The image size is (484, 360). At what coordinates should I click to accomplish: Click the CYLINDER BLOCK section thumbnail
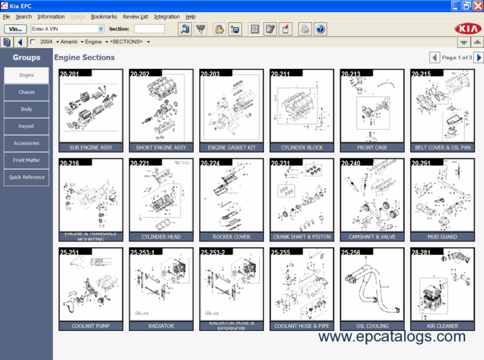[302, 107]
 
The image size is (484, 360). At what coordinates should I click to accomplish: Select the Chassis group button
[26, 92]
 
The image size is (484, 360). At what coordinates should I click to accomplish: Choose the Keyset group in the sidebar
[26, 126]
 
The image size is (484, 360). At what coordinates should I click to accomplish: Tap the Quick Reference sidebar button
[26, 177]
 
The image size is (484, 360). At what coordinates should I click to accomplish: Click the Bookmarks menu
[103, 16]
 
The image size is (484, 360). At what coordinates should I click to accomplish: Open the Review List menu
[135, 16]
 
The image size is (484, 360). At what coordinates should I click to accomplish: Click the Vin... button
[15, 29]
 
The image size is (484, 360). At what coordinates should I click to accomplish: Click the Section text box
[149, 29]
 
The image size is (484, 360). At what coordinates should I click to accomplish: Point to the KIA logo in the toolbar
[466, 29]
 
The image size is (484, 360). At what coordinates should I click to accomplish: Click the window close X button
[478, 6]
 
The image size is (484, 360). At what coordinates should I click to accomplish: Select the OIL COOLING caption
[372, 326]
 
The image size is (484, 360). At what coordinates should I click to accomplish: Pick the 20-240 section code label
[350, 163]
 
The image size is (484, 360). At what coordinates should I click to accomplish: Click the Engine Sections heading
[84, 57]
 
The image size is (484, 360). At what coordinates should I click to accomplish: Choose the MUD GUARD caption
[442, 236]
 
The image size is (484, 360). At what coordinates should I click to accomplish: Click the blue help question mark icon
[321, 29]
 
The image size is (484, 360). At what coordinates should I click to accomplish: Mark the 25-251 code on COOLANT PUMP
[70, 252]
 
